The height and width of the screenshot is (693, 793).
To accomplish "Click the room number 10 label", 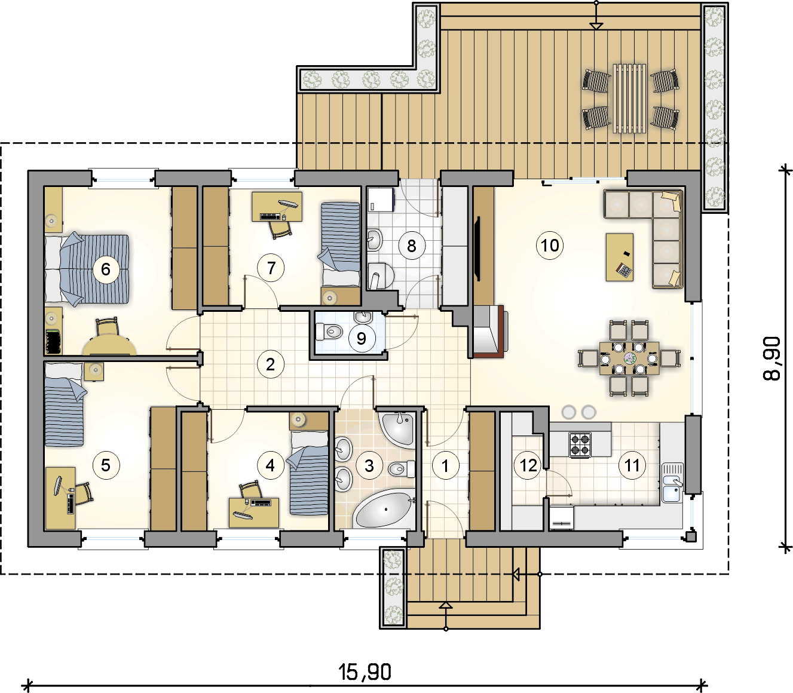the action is click(x=550, y=245).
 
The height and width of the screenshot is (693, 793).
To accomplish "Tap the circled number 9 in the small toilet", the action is click(x=361, y=339).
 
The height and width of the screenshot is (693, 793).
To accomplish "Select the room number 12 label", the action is click(x=528, y=465).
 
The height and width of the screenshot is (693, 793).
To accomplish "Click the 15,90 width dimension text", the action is click(x=365, y=672).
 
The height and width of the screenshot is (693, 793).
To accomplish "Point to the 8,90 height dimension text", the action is click(x=771, y=358).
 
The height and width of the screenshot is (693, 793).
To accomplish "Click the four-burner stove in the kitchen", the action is click(x=580, y=444).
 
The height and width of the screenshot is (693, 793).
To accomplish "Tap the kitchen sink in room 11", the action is click(x=672, y=482).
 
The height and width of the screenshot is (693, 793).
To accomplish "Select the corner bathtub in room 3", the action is click(x=384, y=508).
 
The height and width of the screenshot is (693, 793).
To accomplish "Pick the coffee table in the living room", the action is click(x=619, y=257).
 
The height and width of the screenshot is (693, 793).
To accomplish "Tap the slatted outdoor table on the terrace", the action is click(x=629, y=99).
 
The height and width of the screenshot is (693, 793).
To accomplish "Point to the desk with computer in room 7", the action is click(x=277, y=207).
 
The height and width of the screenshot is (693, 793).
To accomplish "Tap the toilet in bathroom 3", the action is click(x=402, y=470).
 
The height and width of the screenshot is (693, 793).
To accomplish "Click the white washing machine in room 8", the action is click(x=380, y=200).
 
